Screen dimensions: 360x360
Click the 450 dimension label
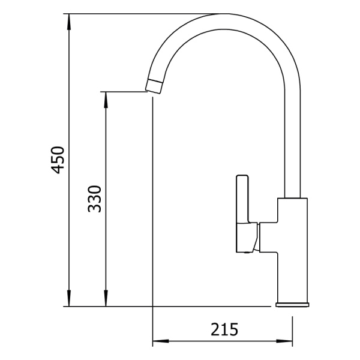(x=58, y=160)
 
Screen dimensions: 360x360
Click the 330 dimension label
(x=95, y=199)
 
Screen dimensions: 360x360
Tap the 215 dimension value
(x=224, y=329)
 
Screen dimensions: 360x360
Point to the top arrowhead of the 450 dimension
(x=68, y=22)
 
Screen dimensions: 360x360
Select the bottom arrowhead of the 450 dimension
(x=68, y=298)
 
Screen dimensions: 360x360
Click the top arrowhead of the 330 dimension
(x=106, y=100)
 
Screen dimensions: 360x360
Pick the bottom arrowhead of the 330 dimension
(x=106, y=298)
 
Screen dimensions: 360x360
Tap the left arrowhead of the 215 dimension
(x=161, y=341)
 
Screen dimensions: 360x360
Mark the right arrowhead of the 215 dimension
(x=284, y=341)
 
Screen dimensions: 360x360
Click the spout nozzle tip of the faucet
(x=154, y=86)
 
